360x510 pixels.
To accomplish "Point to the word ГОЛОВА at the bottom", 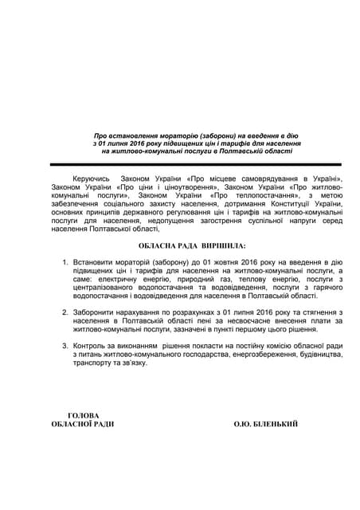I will click(x=84, y=414).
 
